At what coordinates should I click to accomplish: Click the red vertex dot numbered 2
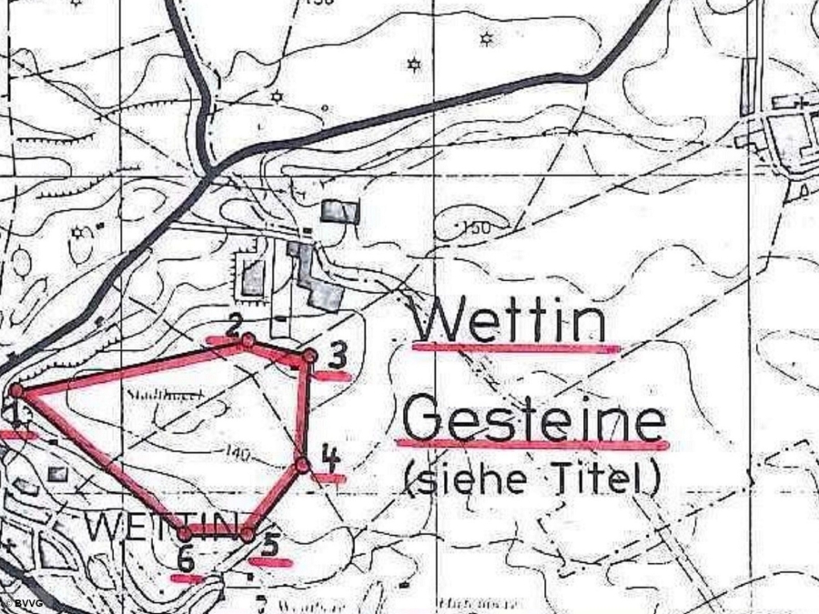pyautogui.click(x=248, y=340)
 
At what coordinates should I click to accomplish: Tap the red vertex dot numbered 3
pyautogui.click(x=309, y=355)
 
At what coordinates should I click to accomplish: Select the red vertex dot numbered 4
pyautogui.click(x=302, y=465)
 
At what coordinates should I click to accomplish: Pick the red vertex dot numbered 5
pyautogui.click(x=247, y=534)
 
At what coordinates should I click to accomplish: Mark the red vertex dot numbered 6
pyautogui.click(x=186, y=533)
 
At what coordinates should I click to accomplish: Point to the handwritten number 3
pyautogui.click(x=338, y=352)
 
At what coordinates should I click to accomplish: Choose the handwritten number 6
pyautogui.click(x=185, y=559)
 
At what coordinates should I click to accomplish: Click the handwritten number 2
pyautogui.click(x=234, y=324)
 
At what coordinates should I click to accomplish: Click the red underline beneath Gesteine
pyautogui.click(x=533, y=445)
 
